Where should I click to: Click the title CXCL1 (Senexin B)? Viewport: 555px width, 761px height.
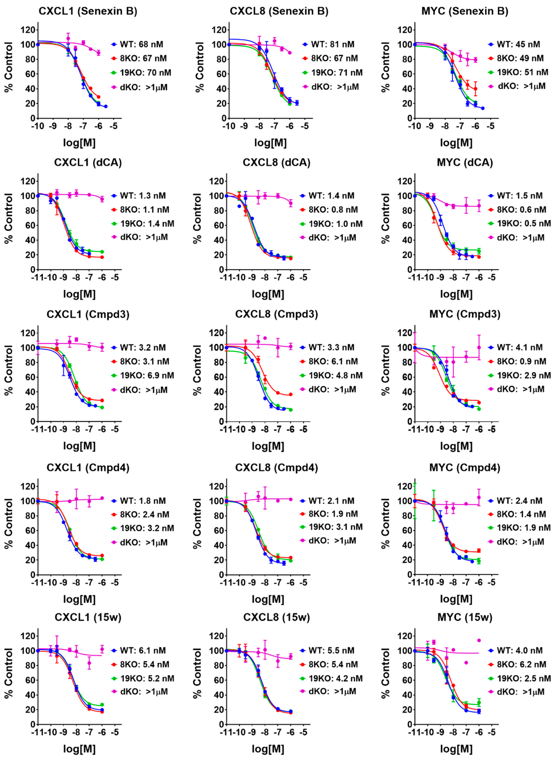88,11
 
